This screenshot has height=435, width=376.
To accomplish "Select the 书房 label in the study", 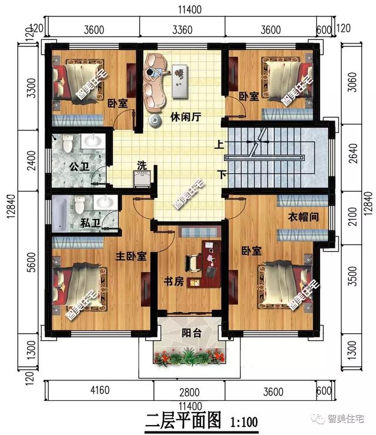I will click(173, 282).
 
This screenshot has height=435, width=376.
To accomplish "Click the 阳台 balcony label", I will click(190, 333).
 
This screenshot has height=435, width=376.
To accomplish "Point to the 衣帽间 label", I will click(303, 216).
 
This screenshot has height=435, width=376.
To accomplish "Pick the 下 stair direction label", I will click(222, 175).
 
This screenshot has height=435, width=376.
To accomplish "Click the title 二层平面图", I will click(182, 420).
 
